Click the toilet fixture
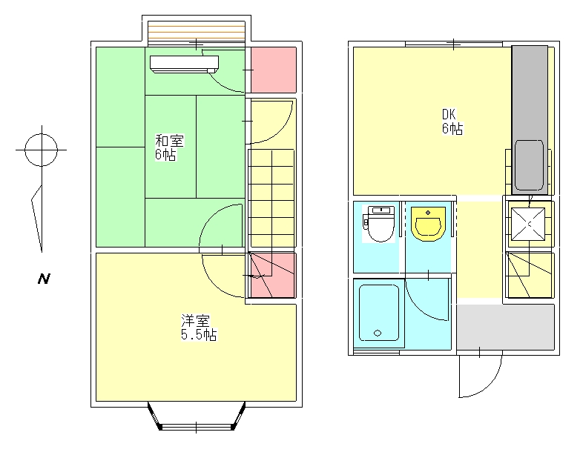(x=379, y=224)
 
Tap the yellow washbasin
(x=428, y=224)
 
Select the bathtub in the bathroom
(x=379, y=313)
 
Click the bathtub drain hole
(x=378, y=333)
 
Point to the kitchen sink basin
(x=529, y=165)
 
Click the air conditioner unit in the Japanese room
(x=184, y=64)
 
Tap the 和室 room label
(x=169, y=141)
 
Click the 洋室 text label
(x=196, y=321)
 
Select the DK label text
(x=449, y=114)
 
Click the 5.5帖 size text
(x=199, y=335)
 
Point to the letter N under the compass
(x=44, y=279)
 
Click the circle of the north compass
(x=42, y=150)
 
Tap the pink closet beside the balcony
(x=274, y=70)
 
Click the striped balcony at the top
(x=197, y=33)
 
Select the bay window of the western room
(x=197, y=416)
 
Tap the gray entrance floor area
(x=506, y=327)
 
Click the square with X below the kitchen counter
(x=528, y=224)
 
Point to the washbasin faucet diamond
(x=428, y=213)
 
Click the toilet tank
(x=381, y=210)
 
